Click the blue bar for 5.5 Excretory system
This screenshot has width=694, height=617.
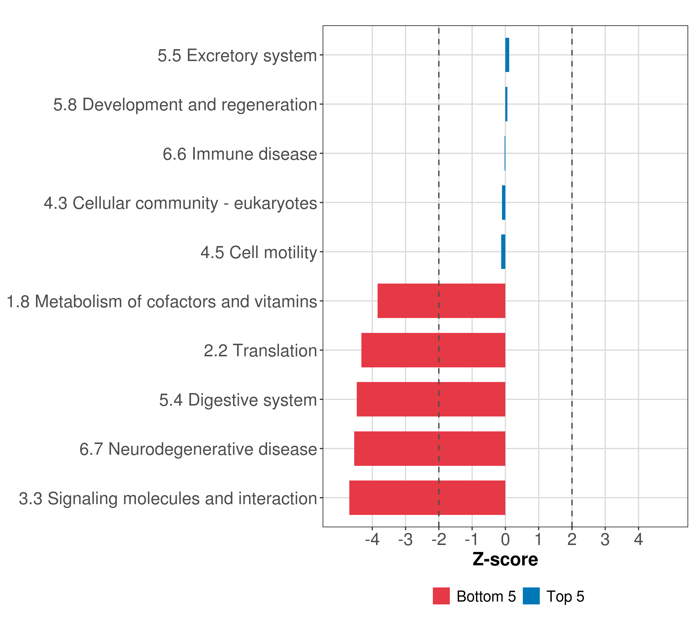click(x=507, y=55)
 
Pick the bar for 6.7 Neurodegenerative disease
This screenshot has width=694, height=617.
click(x=430, y=449)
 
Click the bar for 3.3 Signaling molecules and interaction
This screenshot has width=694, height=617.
click(x=427, y=498)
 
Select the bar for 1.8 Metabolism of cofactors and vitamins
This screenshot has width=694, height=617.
click(x=441, y=301)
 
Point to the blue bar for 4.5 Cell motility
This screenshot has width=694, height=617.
click(x=503, y=252)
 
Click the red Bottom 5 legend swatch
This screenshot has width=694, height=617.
click(x=441, y=596)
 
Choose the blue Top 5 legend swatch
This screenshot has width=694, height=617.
click(x=531, y=596)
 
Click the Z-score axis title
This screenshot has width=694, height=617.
click(x=505, y=559)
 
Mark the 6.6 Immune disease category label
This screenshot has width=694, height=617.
click(x=240, y=154)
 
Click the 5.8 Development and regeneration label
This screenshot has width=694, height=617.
click(x=185, y=105)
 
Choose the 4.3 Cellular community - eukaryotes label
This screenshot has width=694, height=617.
click(x=180, y=203)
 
